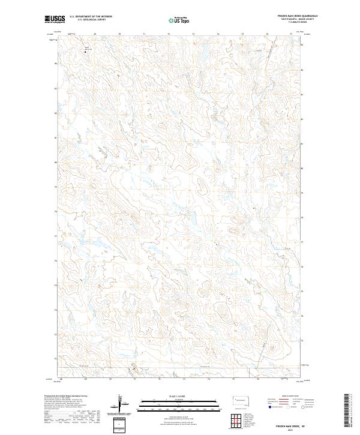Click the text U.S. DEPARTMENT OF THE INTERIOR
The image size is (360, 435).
coord(91,16)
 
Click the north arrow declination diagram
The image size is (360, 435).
coord(120,404)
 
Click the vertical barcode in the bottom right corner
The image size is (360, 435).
coord(347,412)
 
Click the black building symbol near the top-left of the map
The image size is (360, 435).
coord(85,52)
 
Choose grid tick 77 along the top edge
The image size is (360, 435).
coord(292,34)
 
